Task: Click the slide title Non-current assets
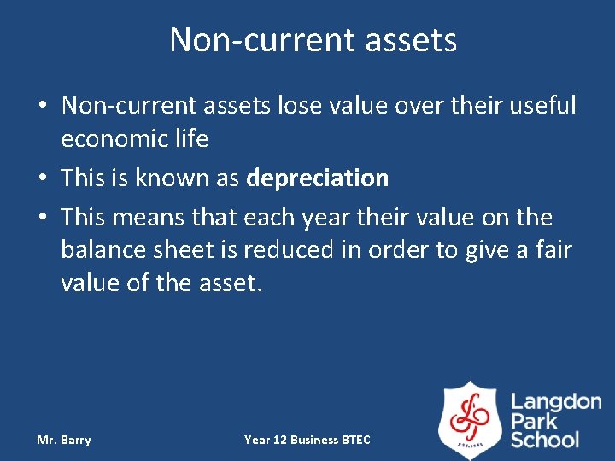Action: [x=313, y=40]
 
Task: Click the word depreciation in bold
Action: [x=317, y=178]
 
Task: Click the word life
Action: [x=193, y=139]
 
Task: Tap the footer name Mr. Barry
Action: [x=63, y=440]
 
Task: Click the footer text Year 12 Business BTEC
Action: [x=307, y=440]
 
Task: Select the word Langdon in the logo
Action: [x=556, y=402]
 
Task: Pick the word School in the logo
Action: [x=545, y=440]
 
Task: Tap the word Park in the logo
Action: [x=533, y=421]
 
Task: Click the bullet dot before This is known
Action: [x=42, y=179]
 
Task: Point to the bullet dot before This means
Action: [x=42, y=219]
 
